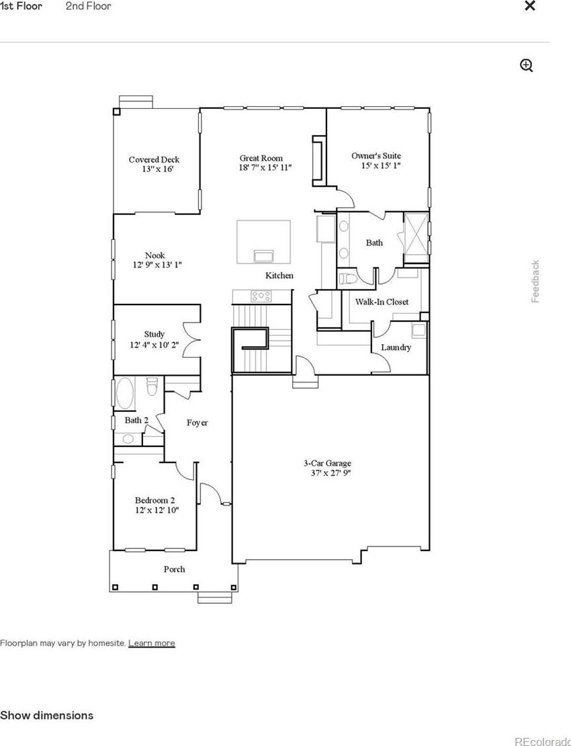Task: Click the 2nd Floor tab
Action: click(x=89, y=6)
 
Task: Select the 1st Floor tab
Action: click(x=21, y=6)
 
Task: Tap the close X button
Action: click(x=529, y=5)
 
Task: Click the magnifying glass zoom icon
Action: click(x=526, y=66)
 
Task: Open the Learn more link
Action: click(x=152, y=643)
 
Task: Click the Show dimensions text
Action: click(x=46, y=715)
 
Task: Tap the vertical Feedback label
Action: click(x=535, y=281)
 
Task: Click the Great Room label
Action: click(x=261, y=158)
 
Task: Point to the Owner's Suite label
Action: click(x=376, y=155)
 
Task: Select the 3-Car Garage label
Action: click(x=328, y=463)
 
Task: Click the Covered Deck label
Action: click(x=154, y=159)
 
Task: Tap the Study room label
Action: click(x=155, y=334)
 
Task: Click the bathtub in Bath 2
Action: click(x=125, y=393)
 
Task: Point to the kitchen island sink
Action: click(x=264, y=255)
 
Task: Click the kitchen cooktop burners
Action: click(x=261, y=296)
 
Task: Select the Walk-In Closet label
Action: click(x=382, y=302)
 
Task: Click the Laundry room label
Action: click(x=396, y=347)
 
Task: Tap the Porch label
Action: click(x=175, y=569)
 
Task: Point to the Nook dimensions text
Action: click(x=157, y=265)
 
